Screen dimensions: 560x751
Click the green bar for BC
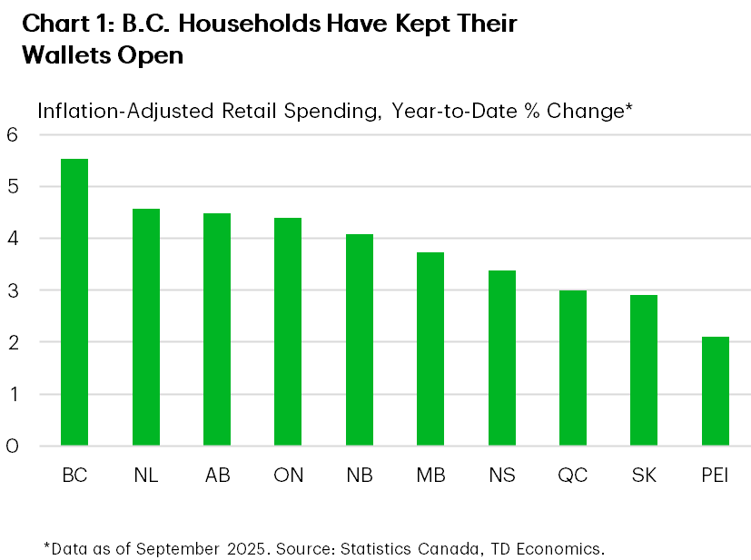tap(74, 302)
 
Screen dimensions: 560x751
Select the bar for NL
tap(145, 328)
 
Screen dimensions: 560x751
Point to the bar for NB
tap(360, 340)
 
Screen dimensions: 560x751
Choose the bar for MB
tap(430, 349)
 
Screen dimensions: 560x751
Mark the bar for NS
tap(502, 359)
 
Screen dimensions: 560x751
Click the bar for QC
tap(573, 368)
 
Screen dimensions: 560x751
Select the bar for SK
tap(644, 370)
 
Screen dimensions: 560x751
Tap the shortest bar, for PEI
tap(716, 391)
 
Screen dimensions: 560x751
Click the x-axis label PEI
tap(716, 476)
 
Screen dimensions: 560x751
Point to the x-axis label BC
tap(74, 476)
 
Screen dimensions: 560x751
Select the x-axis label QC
tap(573, 476)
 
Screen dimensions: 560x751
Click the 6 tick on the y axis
tap(13, 134)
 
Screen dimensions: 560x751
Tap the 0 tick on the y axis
tap(13, 446)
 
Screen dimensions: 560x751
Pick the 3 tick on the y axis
tap(13, 290)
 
